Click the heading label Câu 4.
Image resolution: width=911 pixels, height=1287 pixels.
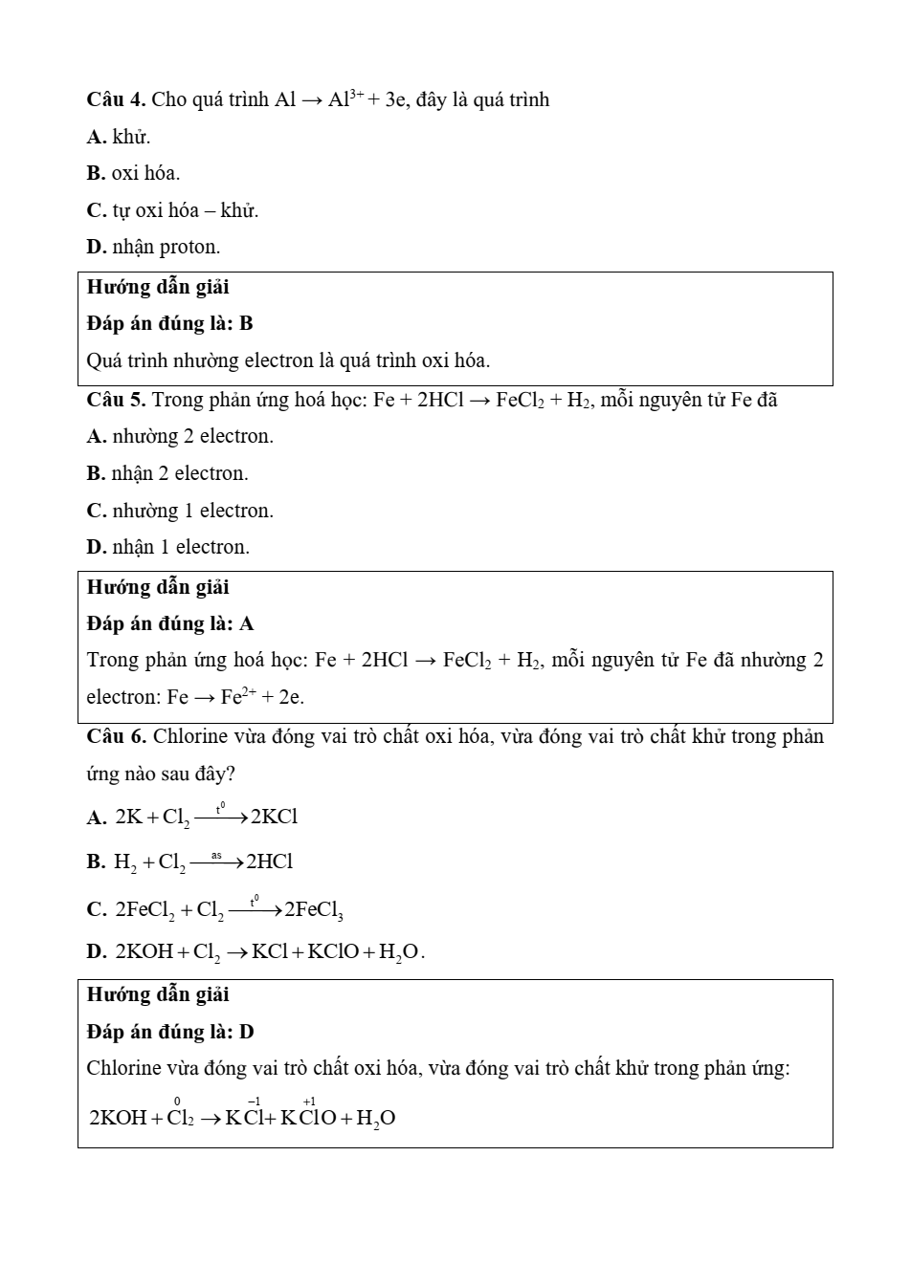tap(115, 99)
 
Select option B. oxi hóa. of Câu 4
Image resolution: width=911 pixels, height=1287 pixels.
tap(133, 173)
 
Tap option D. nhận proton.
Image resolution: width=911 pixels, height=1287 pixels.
tap(153, 247)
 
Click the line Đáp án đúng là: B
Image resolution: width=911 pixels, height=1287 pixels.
tap(169, 323)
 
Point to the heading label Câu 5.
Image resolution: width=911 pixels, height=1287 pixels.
tap(115, 400)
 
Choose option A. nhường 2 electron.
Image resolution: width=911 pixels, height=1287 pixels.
tap(180, 436)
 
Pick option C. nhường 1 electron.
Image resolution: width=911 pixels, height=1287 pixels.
tap(180, 511)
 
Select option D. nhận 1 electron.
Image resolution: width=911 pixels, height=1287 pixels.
tap(167, 547)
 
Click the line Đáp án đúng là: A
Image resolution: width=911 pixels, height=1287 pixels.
tap(170, 623)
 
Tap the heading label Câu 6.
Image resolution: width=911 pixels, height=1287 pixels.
tap(116, 736)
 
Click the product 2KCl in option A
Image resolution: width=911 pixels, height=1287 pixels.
tap(275, 817)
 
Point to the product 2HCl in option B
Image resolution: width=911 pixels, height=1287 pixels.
tap(270, 862)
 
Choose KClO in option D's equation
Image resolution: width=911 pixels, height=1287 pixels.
tap(333, 951)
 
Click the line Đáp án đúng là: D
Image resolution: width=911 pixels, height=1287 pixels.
tap(170, 1032)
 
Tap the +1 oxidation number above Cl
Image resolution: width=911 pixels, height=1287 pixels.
tap(309, 1102)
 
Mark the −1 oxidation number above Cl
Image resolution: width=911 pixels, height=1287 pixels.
tap(255, 1102)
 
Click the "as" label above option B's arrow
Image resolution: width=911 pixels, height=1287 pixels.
tap(216, 855)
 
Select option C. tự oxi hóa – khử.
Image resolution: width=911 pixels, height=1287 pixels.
tap(172, 210)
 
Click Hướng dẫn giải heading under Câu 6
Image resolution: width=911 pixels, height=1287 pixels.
tap(158, 994)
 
